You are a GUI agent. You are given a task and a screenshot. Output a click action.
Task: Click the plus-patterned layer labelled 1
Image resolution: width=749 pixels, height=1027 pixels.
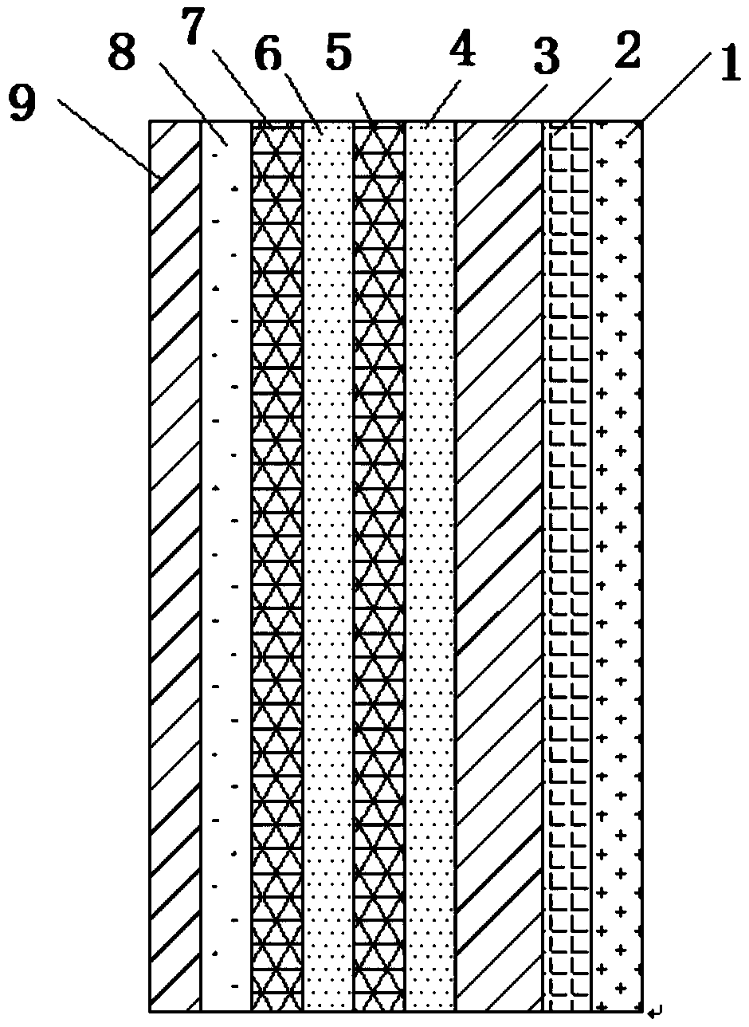point(618,558)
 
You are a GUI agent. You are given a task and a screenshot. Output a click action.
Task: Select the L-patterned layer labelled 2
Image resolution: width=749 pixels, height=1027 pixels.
point(567,558)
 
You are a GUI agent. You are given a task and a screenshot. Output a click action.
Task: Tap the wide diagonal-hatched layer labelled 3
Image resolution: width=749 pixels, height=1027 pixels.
point(498,558)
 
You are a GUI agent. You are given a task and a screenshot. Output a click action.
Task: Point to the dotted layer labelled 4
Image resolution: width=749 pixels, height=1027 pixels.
point(430,558)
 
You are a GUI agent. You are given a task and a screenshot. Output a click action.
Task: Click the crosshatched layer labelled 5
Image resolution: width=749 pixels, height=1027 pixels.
point(378,558)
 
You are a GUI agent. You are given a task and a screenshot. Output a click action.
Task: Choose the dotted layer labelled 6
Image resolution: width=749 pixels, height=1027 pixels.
point(328,558)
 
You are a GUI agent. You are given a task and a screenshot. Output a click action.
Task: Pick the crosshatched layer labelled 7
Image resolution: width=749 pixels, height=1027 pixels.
point(277,558)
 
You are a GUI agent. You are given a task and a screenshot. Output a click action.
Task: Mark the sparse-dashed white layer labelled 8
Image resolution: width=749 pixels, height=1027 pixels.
point(225,558)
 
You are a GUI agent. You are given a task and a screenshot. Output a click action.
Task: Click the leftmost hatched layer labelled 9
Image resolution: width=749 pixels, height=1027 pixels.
point(175,558)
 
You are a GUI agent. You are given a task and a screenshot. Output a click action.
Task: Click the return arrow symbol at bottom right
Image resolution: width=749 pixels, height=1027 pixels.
point(656,1013)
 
